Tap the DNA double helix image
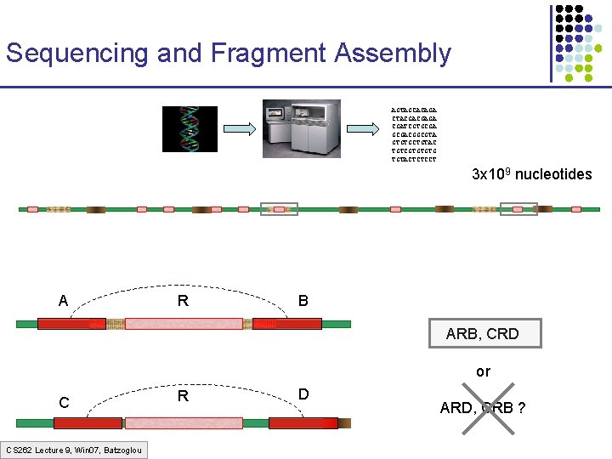click(190, 129)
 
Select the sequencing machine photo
click(301, 128)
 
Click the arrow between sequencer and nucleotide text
click(365, 129)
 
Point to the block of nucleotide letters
click(414, 134)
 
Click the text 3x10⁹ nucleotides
click(531, 174)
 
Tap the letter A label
click(64, 300)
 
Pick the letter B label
click(303, 300)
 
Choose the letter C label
click(64, 401)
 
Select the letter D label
click(303, 395)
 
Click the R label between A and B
click(183, 300)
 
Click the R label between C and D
click(183, 396)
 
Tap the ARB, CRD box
click(482, 334)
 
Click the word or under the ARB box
click(483, 371)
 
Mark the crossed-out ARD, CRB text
click(482, 408)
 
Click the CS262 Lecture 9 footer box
click(74, 450)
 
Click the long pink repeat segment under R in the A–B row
click(184, 324)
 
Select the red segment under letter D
click(303, 422)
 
